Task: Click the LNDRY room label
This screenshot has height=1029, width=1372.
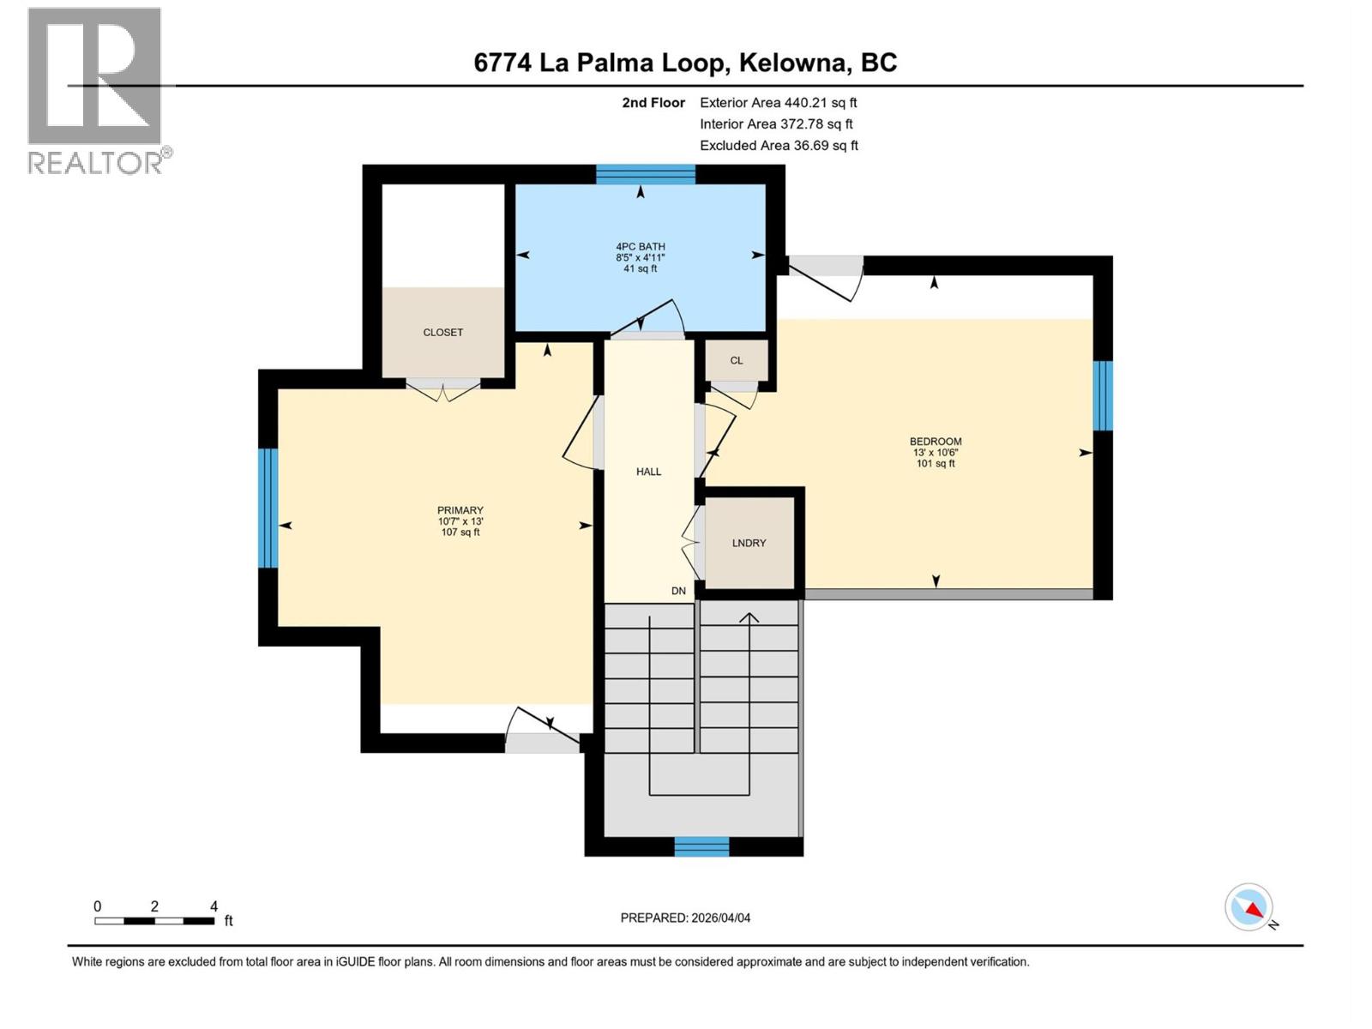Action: [749, 543]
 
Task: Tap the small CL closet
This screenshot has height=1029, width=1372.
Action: [737, 360]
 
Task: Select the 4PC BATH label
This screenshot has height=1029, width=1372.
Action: [641, 247]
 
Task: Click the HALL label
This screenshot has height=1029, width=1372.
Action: [648, 472]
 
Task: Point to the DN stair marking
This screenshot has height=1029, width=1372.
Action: [678, 591]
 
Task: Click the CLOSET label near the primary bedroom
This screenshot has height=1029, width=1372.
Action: [442, 333]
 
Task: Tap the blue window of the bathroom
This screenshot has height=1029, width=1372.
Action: [645, 175]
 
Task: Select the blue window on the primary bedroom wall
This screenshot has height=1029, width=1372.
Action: [268, 508]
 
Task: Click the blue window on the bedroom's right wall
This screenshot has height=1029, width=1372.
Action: [1103, 395]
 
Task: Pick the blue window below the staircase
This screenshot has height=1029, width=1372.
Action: [701, 846]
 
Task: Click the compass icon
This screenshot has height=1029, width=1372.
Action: [1249, 907]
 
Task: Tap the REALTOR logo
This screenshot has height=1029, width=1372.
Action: [96, 90]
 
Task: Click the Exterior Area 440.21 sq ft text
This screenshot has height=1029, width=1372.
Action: [778, 103]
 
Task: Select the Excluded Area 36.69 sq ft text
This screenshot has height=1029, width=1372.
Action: [778, 146]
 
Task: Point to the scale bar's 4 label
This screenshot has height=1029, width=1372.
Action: [214, 906]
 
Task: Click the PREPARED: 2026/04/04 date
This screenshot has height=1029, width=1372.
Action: [685, 918]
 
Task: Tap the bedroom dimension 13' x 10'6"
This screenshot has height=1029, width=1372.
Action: [935, 453]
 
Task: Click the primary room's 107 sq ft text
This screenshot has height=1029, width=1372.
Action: [460, 533]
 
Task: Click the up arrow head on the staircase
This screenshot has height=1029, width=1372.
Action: [749, 617]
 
